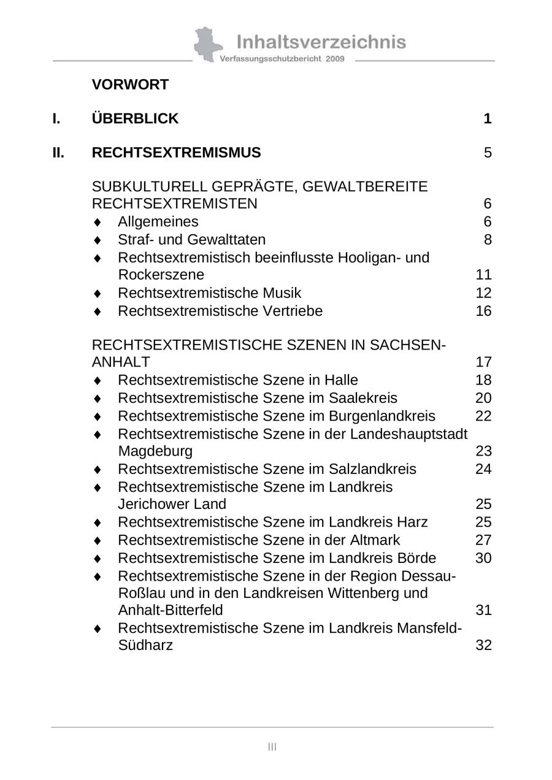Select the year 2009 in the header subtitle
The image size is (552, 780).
(x=335, y=59)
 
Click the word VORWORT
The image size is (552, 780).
(x=130, y=85)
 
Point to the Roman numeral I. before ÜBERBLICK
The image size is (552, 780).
(x=56, y=119)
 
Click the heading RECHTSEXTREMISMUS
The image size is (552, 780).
(x=176, y=153)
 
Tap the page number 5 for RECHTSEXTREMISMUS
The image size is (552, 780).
(x=488, y=153)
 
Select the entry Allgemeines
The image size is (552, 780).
(x=158, y=221)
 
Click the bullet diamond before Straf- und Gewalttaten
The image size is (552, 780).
(x=97, y=240)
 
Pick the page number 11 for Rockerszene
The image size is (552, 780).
(x=483, y=274)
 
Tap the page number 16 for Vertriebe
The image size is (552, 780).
(x=483, y=311)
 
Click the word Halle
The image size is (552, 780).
(x=341, y=380)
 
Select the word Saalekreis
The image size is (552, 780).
(x=362, y=398)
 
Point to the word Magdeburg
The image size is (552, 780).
(x=155, y=451)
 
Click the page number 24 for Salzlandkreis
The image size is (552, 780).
(x=483, y=469)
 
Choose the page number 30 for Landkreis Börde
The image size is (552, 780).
(x=483, y=558)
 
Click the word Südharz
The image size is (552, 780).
(x=145, y=645)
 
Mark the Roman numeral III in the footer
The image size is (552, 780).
(x=272, y=746)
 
